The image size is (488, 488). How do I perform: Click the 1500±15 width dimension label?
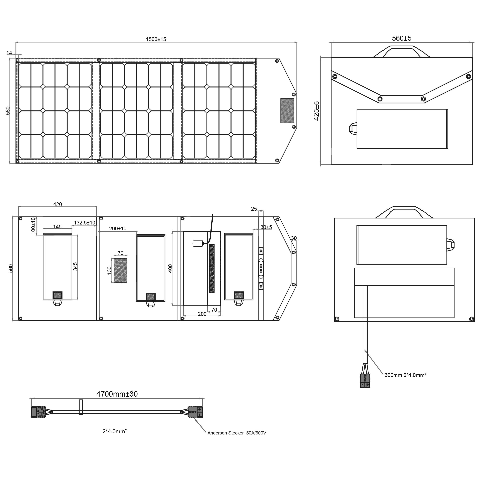[156, 39]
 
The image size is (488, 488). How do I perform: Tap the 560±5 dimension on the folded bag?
[402, 38]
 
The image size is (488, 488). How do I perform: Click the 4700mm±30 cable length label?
[117, 394]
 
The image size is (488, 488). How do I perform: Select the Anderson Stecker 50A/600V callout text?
[237, 433]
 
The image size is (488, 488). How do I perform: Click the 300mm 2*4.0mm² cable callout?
[405, 375]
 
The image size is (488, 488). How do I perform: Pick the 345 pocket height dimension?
[75, 266]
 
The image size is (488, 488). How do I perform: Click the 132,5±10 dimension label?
[84, 223]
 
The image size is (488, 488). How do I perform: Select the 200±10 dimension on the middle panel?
[118, 228]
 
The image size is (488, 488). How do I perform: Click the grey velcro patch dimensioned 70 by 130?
[121, 271]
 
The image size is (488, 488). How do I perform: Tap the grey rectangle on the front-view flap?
[287, 111]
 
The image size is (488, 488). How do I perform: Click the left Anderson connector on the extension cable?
[39, 412]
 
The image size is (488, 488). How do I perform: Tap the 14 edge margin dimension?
[9, 53]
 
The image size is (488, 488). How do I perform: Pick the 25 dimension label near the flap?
[254, 209]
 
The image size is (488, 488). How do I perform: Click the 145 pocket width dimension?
[57, 226]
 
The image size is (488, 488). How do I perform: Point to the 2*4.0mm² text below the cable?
[114, 431]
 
